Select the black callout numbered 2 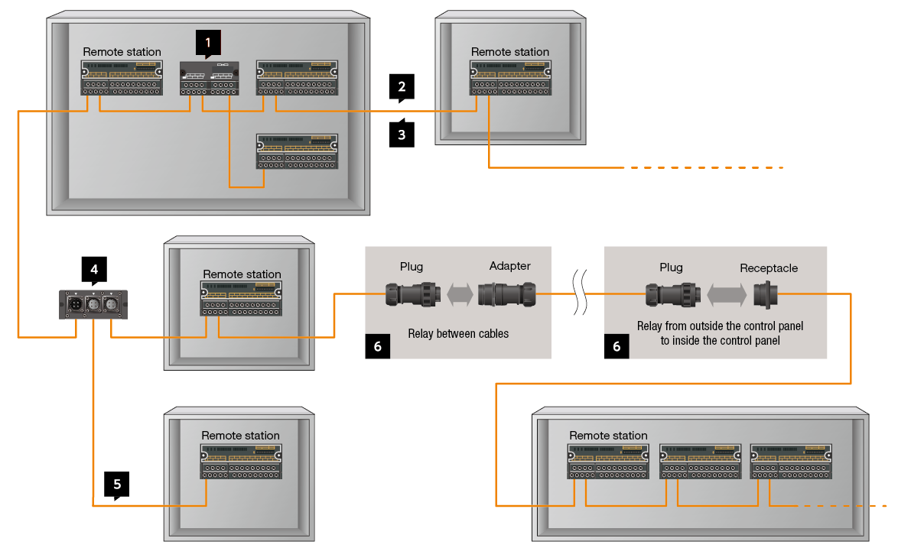[402, 86]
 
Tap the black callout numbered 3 [402, 135]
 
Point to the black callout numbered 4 [93, 270]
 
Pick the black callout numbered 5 [116, 485]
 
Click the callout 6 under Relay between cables [378, 345]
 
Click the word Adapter [509, 267]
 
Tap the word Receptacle [768, 268]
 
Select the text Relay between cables [458, 333]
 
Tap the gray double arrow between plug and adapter [460, 294]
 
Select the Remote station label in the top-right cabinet [510, 52]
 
